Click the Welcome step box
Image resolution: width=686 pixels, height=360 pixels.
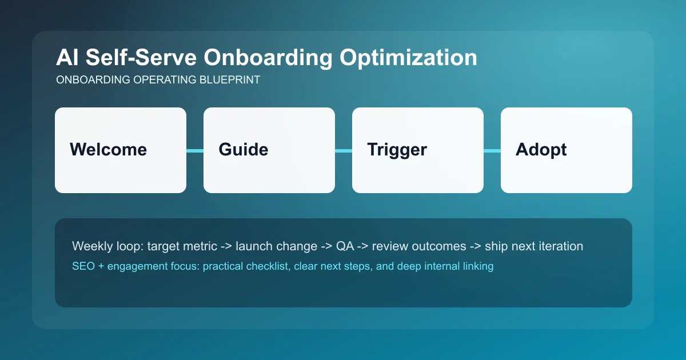(x=120, y=150)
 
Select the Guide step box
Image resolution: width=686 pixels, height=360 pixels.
(x=269, y=150)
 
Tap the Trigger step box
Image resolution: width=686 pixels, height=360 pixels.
(x=417, y=150)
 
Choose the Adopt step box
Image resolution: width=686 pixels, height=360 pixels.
(x=566, y=150)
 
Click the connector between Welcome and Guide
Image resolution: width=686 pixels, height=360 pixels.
(x=195, y=151)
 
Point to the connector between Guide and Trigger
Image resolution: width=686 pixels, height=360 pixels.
(x=344, y=151)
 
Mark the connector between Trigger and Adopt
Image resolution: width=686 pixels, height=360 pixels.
(x=492, y=151)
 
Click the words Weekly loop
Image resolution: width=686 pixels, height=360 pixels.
(x=107, y=246)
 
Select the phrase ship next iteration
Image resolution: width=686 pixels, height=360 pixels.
(x=534, y=246)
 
